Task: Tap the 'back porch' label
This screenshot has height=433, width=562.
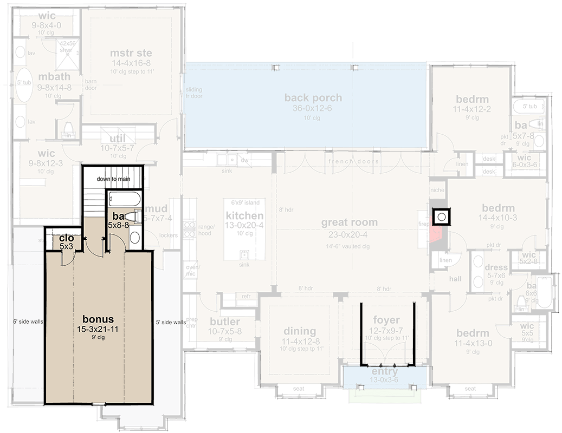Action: point(313,98)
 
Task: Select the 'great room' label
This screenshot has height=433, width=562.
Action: point(349,222)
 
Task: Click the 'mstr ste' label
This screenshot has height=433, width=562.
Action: point(131,53)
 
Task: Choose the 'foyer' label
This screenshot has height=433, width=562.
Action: point(386,320)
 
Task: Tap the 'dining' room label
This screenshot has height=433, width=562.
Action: point(300,331)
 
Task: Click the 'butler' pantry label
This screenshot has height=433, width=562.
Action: point(224,322)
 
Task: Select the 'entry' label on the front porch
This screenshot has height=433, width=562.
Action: point(385,372)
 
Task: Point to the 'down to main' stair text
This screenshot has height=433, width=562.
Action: point(114,179)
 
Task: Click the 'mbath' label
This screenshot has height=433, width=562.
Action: point(53,77)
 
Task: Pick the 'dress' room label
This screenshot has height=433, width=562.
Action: point(496,267)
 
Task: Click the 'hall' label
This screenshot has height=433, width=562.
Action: point(455,278)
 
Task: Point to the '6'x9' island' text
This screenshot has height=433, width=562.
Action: point(245,203)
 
